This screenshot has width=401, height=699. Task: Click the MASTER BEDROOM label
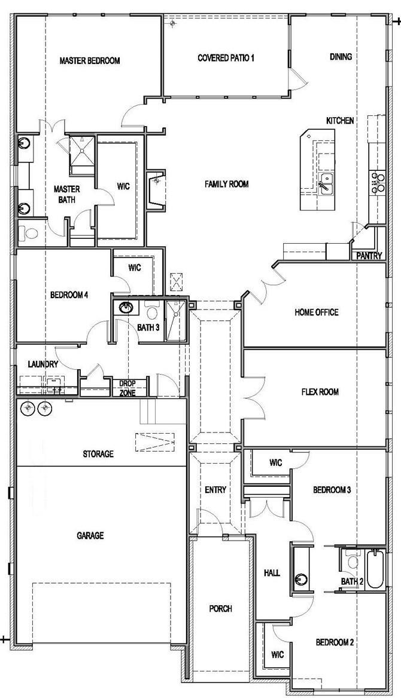pos(90,60)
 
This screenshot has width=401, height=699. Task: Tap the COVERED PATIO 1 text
pos(226,58)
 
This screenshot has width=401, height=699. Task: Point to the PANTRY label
pos(369,256)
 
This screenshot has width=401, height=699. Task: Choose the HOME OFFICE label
pos(316,312)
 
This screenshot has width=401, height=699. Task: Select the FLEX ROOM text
pos(320,392)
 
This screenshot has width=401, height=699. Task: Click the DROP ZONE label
pos(127,388)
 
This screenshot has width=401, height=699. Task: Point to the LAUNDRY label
pos(42,364)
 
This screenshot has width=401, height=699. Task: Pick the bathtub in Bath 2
pos(375,569)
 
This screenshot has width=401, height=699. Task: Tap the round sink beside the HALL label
pos(302,578)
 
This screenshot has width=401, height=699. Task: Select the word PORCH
pos(221,609)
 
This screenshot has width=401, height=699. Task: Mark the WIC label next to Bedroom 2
pos(277,654)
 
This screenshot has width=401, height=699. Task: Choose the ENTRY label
pos(215,490)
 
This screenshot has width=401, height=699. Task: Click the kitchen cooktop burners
pos(378,182)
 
